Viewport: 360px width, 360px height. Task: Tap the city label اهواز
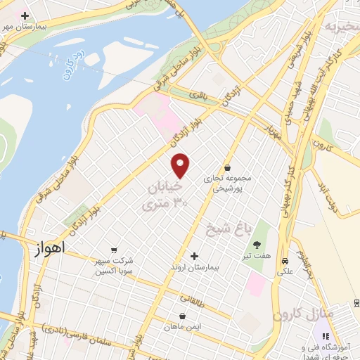pos(49,247)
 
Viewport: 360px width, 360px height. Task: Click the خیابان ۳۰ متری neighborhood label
pos(165,196)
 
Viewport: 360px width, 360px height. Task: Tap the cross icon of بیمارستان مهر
pos(25,15)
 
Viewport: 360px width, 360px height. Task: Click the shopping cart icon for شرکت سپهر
pos(114,250)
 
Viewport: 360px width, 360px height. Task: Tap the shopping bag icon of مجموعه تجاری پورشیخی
pos(227,168)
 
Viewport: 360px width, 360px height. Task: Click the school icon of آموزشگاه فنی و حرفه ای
pos(325,337)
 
